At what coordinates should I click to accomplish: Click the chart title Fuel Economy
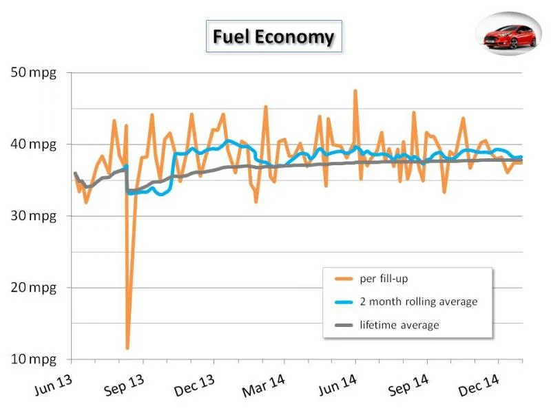tap(273, 36)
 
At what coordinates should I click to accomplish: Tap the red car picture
tap(510, 36)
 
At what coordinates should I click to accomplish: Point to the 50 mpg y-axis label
tap(33, 73)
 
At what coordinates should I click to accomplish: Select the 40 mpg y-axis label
tap(33, 144)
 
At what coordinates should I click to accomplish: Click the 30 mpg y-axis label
tap(33, 215)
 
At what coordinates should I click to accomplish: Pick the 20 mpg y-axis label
tap(33, 288)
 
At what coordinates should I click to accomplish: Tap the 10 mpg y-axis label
tap(33, 359)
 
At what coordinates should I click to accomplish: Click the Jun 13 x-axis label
tap(54, 385)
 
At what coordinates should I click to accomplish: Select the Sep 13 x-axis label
tap(125, 385)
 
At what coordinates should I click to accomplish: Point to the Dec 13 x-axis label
tap(194, 385)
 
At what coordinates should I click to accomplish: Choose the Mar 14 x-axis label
tap(264, 385)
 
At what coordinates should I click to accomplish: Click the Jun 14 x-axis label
tap(337, 385)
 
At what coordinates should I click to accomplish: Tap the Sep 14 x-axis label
tap(408, 385)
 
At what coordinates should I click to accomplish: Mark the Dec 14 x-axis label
tap(479, 385)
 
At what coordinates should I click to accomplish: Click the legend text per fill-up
tap(384, 279)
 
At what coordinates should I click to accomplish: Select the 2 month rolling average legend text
tap(419, 301)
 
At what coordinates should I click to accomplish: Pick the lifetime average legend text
tap(399, 325)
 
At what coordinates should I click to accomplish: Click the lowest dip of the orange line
tap(127, 348)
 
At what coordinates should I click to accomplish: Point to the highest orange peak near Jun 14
tap(355, 91)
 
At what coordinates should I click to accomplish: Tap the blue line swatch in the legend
tap(344, 302)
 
